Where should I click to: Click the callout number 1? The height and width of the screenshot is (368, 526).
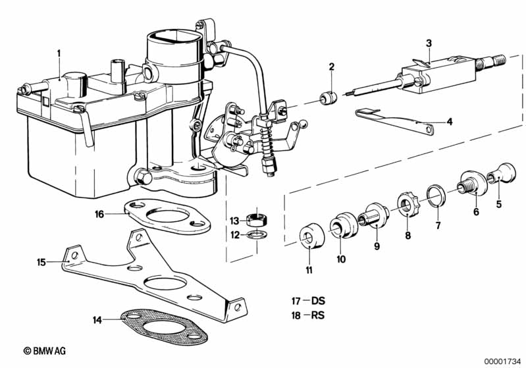pos(59,53)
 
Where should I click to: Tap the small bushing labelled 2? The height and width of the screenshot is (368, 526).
pos(328,98)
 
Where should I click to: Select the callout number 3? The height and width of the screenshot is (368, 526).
pos(429,43)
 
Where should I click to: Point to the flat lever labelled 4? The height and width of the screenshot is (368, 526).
pos(394,120)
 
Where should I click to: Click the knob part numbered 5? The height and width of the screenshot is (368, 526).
pos(502,174)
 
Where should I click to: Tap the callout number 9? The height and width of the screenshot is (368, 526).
pos(377,246)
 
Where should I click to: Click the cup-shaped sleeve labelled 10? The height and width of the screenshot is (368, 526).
pos(344,224)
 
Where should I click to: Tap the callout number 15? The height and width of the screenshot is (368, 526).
pos(41,262)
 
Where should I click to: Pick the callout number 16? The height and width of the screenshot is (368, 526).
pos(99,214)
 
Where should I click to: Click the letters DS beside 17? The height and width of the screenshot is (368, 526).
pos(319,301)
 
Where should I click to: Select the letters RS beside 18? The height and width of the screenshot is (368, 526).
pos(318,315)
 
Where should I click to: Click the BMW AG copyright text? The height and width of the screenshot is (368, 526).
pos(45,351)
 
